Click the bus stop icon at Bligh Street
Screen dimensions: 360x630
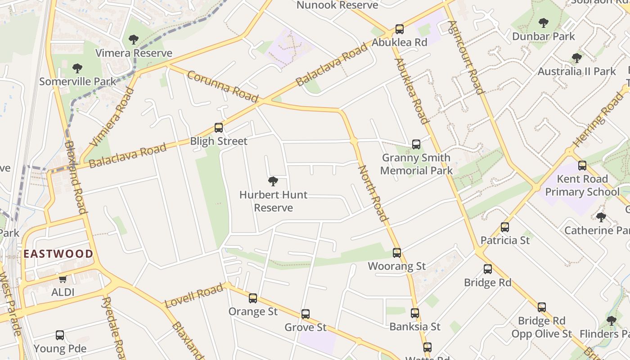[x=219, y=127]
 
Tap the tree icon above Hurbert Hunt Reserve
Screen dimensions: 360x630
[x=273, y=181]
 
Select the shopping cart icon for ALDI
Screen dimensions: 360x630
[x=63, y=279]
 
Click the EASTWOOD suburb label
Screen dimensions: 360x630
[x=58, y=254]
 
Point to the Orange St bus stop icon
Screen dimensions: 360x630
[x=253, y=298]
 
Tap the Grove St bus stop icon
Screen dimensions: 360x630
[x=306, y=314]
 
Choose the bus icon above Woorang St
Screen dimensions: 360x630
[x=396, y=252]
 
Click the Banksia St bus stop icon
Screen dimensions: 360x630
[x=415, y=313]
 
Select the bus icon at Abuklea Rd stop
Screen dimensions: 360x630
[x=400, y=29]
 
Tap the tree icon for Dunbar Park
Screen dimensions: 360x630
[x=544, y=22]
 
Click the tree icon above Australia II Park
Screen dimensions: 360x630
[x=576, y=58]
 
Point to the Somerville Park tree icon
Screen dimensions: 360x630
[x=77, y=68]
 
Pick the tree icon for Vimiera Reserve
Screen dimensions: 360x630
[x=134, y=40]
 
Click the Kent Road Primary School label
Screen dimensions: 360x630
[x=582, y=185]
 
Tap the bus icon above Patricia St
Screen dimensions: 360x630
[x=505, y=227]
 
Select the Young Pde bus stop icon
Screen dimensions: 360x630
[x=60, y=335]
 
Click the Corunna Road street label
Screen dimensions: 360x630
[x=222, y=86]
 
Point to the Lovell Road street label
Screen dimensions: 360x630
[x=194, y=295]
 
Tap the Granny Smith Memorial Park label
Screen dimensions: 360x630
[x=416, y=164]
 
